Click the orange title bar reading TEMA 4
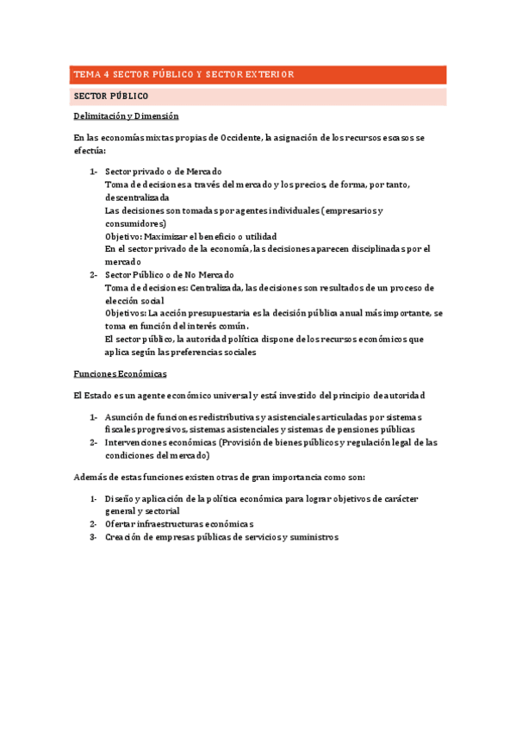coord(257,74)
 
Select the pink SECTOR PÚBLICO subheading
coord(257,96)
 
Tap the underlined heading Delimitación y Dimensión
coord(126,116)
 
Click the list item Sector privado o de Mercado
coord(163,172)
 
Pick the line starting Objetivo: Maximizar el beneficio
coord(190,236)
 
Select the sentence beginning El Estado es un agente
coord(249,396)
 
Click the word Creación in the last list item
coord(122,537)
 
